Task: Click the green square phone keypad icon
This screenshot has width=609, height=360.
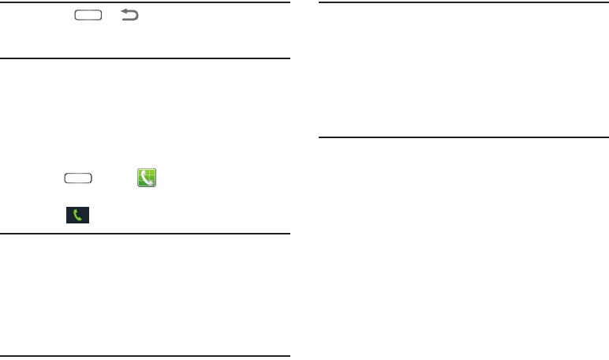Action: [x=146, y=178]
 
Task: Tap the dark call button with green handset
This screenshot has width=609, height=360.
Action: [x=77, y=214]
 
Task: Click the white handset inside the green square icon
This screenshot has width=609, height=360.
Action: [x=145, y=178]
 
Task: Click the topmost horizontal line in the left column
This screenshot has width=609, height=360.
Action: [x=146, y=3]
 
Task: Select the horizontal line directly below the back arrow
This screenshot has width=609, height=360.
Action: [x=146, y=58]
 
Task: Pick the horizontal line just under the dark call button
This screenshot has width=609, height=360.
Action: [x=146, y=234]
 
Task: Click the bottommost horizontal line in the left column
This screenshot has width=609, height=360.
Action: [x=146, y=357]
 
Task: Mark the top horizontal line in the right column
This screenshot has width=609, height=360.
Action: [x=455, y=3]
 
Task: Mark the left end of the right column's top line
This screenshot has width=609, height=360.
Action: [x=319, y=3]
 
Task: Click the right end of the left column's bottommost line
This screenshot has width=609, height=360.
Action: [x=290, y=357]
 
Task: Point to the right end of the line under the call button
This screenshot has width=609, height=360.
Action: [x=290, y=234]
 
